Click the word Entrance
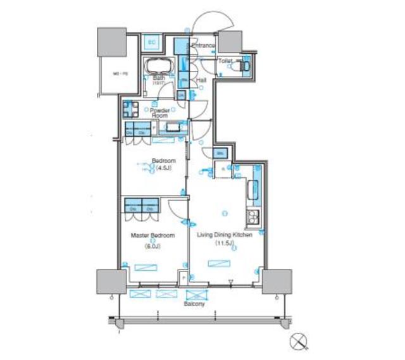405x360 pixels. tap(204, 46)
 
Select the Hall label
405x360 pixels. tap(201, 80)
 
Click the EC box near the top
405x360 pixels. tap(151, 42)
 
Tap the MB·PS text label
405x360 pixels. tap(120, 73)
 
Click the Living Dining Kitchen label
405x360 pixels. tap(225, 235)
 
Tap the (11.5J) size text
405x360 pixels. tap(225, 243)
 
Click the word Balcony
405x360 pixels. tap(194, 304)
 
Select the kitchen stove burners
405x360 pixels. tap(254, 217)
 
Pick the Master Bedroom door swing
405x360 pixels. tap(177, 209)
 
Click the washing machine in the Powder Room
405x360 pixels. tap(130, 109)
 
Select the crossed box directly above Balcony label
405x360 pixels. tap(197, 294)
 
